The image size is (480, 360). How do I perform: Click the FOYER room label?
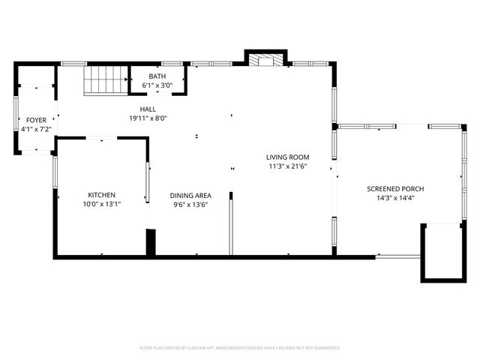click(x=36, y=120)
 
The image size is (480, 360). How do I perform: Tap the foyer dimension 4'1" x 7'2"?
click(x=36, y=129)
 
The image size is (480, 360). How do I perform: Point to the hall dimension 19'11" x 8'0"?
click(x=147, y=118)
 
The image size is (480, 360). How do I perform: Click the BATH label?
click(x=157, y=76)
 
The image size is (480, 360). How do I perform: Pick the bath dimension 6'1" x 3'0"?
click(x=157, y=85)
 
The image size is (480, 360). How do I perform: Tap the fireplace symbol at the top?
click(x=266, y=60)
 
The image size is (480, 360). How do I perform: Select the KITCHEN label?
click(x=101, y=195)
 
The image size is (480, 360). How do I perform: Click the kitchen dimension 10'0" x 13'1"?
click(x=101, y=204)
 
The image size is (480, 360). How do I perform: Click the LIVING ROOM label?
click(x=287, y=157)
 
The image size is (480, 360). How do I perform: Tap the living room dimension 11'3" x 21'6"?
click(x=287, y=166)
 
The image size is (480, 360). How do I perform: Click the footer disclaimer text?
click(x=240, y=348)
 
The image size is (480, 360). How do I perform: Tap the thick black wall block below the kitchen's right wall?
click(x=151, y=244)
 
